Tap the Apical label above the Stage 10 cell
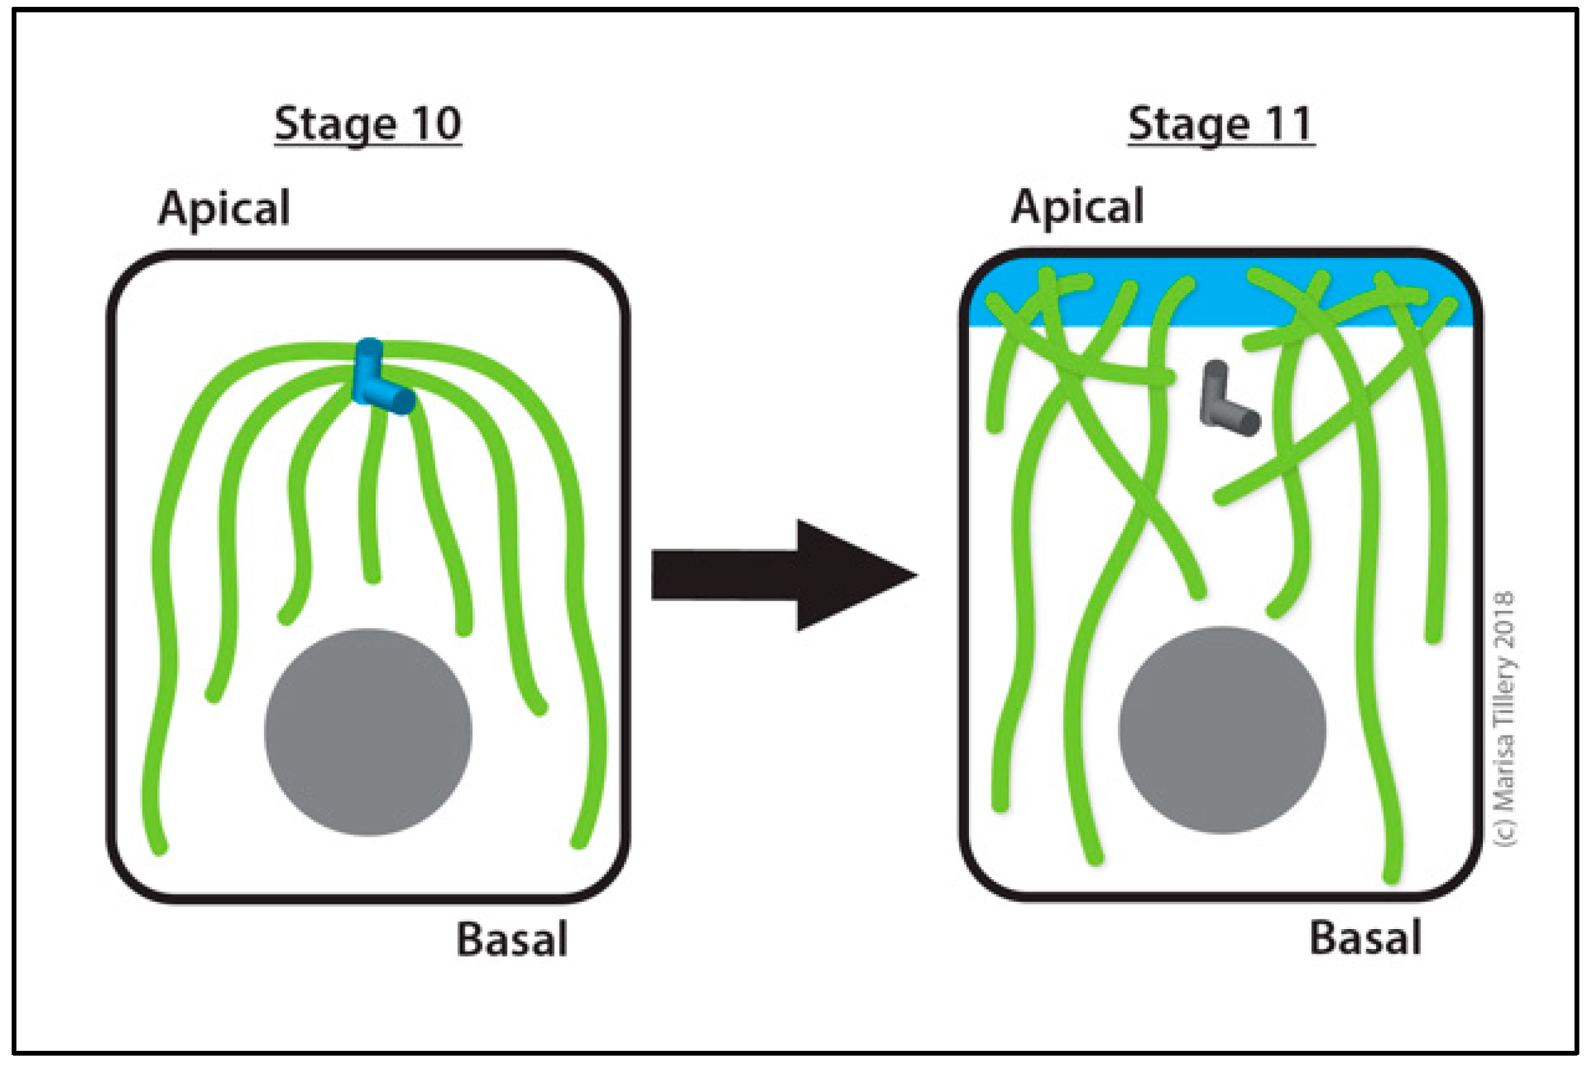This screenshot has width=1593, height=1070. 224,208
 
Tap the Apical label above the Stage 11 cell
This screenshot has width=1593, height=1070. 1077,207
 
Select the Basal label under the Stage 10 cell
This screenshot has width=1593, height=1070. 512,939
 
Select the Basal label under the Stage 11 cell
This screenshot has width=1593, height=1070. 1365,938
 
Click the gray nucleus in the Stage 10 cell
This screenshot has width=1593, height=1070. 368,732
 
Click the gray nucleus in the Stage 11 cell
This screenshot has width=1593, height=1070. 1222,730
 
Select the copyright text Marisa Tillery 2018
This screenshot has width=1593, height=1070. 1505,718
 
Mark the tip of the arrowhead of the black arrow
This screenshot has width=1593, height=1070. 916,575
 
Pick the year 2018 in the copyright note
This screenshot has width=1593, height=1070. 1505,620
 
